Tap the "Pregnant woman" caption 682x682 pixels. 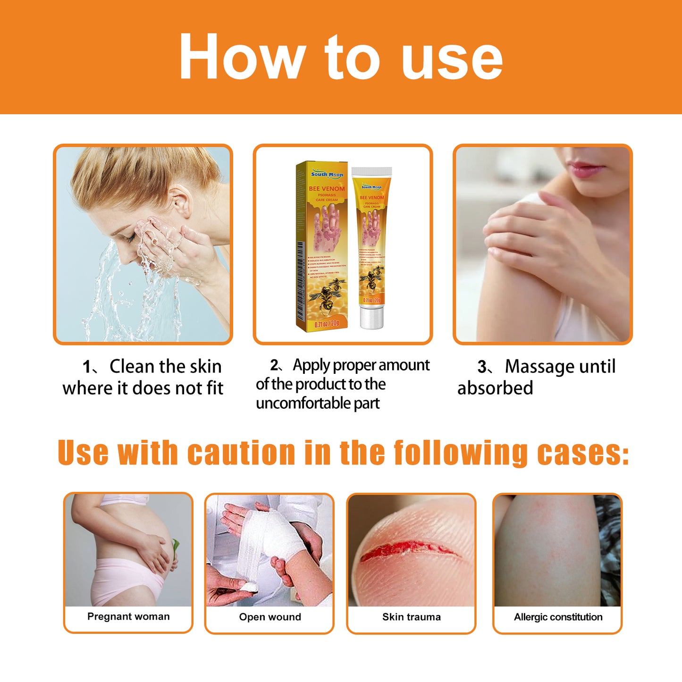point(128,616)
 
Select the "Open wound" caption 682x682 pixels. point(270,617)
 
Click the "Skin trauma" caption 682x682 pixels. point(412,617)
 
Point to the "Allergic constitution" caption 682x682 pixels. point(558,617)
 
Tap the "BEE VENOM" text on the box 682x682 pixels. point(327,188)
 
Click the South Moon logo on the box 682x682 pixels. point(327,174)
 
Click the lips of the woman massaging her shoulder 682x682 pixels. point(587,168)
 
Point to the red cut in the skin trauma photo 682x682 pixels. point(406,550)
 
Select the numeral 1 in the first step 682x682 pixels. point(87,367)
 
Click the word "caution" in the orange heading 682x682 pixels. point(241,453)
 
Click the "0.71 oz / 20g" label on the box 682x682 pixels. point(327,323)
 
